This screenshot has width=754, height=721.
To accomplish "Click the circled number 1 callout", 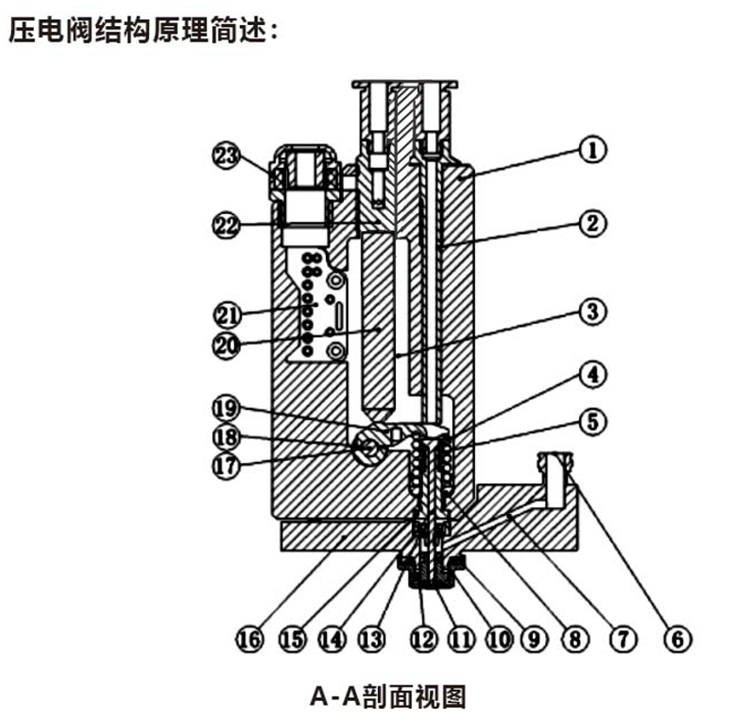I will pos(592,149).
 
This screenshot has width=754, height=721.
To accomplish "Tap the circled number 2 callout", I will pos(592,223).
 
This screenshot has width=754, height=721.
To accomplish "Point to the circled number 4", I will pos(592,376).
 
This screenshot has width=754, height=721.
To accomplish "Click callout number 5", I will pos(592,422).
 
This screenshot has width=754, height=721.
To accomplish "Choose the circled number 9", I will pos(533,640).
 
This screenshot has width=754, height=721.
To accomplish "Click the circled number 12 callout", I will pos(422,640).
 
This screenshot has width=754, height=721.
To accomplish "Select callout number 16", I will pos(250,640).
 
